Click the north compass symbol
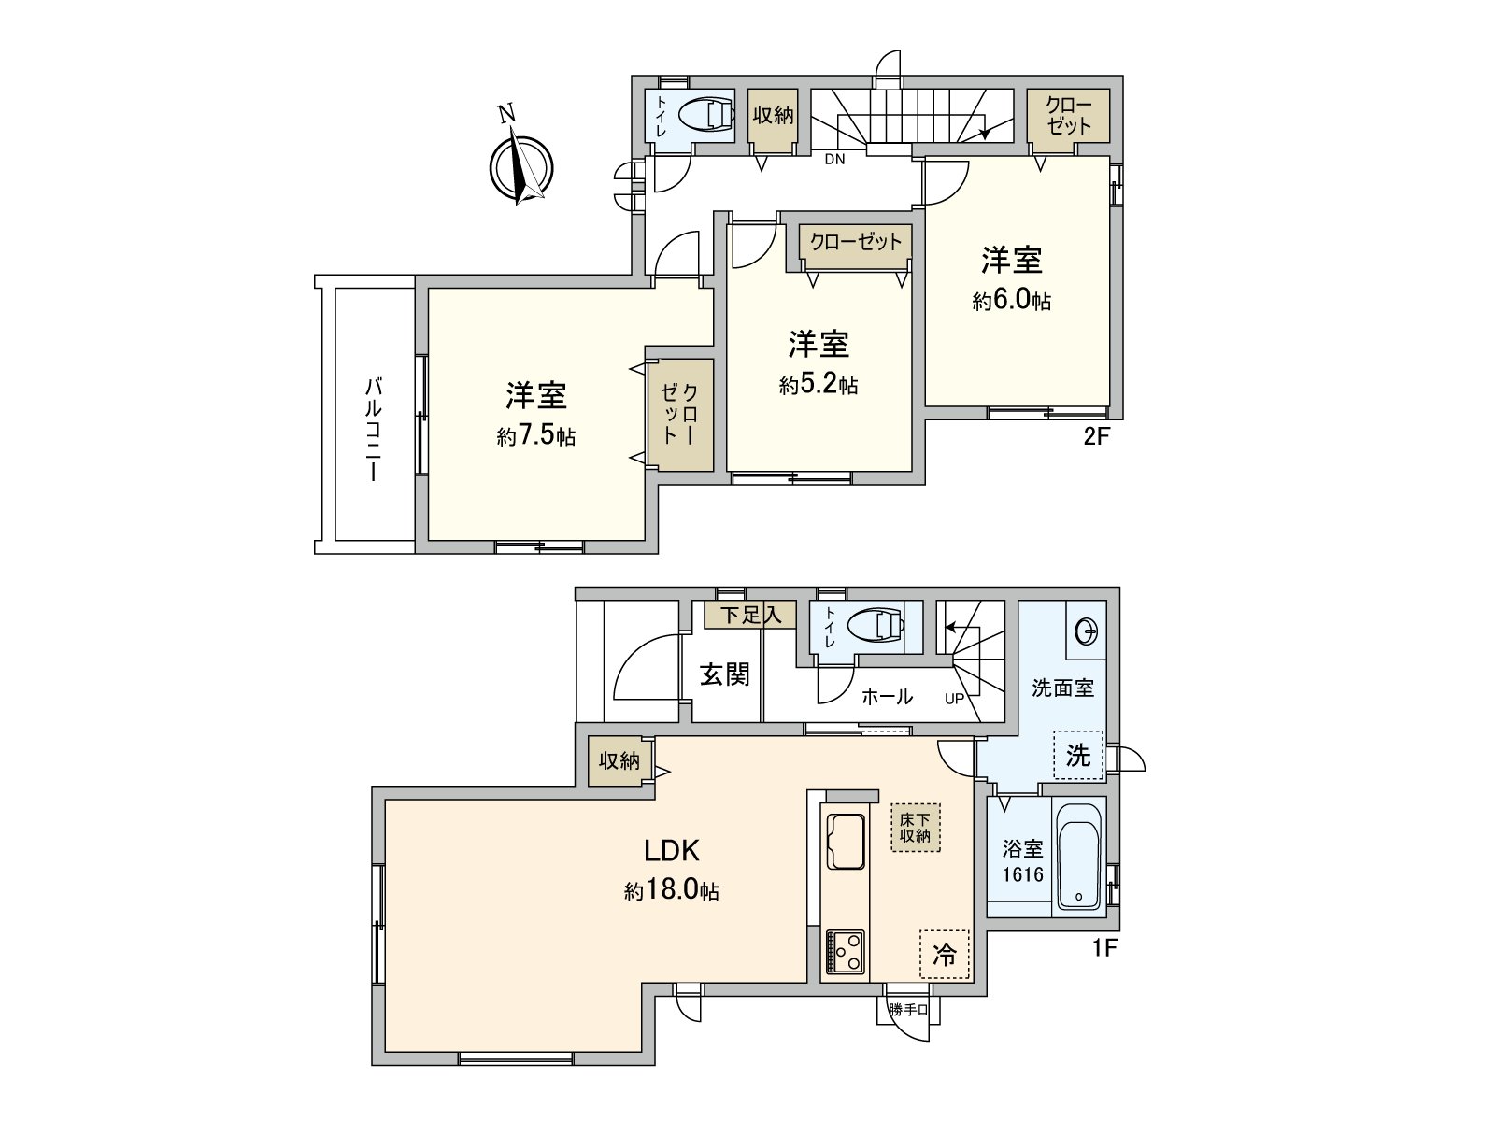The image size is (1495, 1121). pos(520,165)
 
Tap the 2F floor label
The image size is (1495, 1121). pos(1096,436)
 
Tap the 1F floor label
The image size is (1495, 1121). pos(1104,948)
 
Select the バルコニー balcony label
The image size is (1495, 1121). pos(374,429)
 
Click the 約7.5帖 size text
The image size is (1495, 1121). pos(536,436)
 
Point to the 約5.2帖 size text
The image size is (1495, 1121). pos(819,384)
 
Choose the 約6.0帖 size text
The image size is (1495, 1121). pos(1012,301)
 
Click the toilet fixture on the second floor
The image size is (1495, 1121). pos(705,116)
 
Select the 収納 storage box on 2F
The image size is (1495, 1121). pos(773,115)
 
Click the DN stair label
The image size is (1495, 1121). pos(834,159)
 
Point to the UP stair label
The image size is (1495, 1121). pos(954,699)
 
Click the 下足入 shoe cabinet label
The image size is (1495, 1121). pos(750,615)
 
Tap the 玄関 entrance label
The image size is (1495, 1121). pos(725,674)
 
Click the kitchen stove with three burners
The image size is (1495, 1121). pos(845,953)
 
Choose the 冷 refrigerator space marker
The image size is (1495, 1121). pos(945,954)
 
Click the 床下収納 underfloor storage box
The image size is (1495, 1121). pos(915,827)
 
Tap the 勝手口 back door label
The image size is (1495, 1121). pos(908,1010)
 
